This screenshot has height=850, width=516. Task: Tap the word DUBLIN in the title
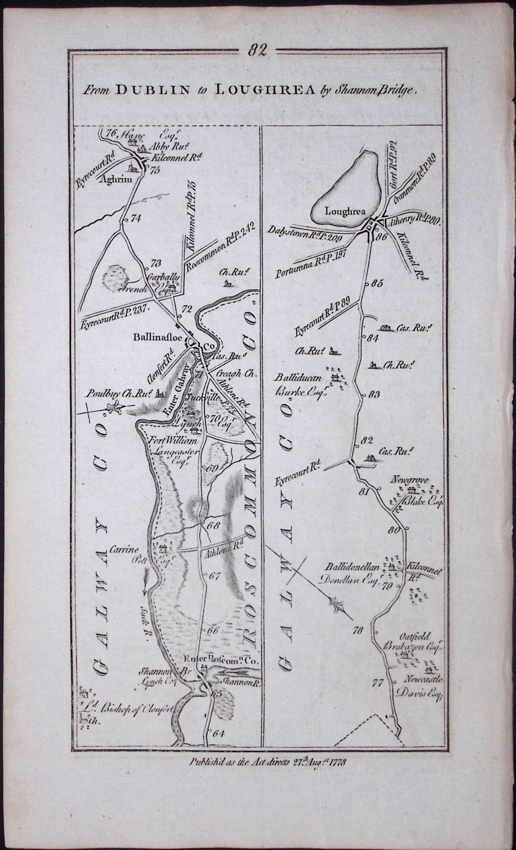(x=153, y=90)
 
